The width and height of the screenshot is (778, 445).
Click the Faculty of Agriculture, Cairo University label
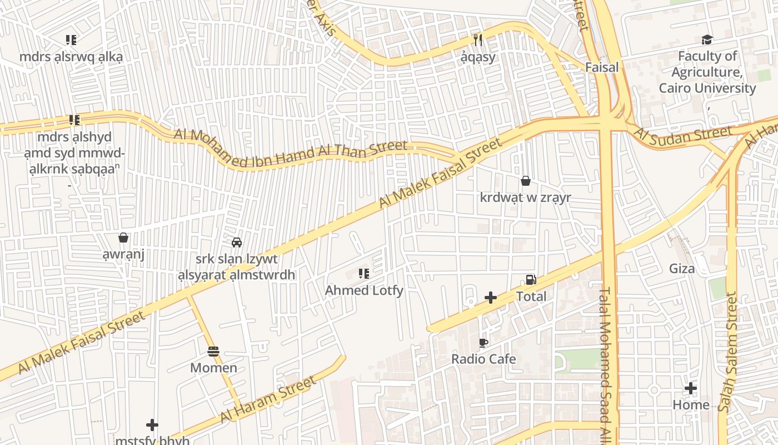(x=707, y=72)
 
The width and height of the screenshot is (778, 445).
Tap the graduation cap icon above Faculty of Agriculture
(x=707, y=39)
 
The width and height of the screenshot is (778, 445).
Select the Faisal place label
(x=602, y=67)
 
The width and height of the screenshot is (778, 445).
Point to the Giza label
(x=682, y=269)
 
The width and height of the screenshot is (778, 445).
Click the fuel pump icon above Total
(x=531, y=280)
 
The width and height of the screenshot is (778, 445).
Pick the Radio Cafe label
(x=483, y=359)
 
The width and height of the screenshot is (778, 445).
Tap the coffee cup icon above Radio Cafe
(x=483, y=343)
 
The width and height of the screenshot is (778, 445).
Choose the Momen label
(x=213, y=368)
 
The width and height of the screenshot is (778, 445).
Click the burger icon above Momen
(x=213, y=352)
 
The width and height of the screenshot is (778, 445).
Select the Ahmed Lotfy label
(x=364, y=290)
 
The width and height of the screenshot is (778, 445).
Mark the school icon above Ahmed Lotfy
(x=364, y=274)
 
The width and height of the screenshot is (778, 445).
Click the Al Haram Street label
(x=268, y=399)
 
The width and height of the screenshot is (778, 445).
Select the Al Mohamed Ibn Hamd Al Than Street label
(x=291, y=148)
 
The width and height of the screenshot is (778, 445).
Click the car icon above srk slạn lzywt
(x=237, y=243)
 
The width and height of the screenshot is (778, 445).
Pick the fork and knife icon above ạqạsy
(x=477, y=40)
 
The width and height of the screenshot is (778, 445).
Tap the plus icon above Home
(x=691, y=388)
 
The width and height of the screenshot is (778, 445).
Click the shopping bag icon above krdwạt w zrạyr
(x=525, y=181)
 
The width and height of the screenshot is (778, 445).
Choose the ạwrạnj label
(x=123, y=255)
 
